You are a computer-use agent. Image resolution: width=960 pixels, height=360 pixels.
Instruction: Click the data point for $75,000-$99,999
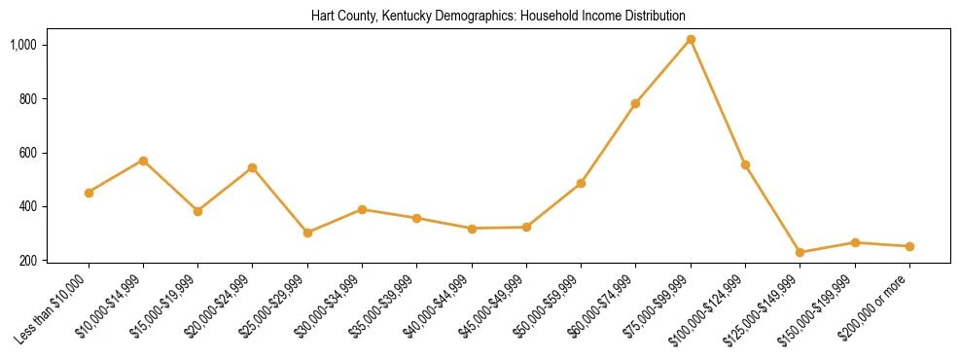click(691, 40)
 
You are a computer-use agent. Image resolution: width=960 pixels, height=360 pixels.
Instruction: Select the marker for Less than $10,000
click(89, 193)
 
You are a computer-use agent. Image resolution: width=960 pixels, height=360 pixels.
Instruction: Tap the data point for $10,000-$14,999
click(143, 161)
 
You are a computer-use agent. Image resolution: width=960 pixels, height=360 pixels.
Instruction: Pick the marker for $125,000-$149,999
click(800, 252)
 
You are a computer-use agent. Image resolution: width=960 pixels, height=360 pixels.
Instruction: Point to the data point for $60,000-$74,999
click(635, 103)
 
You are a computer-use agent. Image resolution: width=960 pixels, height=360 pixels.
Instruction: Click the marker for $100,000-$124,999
click(745, 164)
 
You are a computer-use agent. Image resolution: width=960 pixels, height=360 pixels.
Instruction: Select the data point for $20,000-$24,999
click(252, 167)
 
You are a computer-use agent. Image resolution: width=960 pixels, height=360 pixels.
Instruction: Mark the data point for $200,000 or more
click(909, 246)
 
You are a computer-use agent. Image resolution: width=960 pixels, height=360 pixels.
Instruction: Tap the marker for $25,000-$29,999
click(307, 233)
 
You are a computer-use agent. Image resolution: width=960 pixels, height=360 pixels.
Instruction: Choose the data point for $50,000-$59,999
click(581, 183)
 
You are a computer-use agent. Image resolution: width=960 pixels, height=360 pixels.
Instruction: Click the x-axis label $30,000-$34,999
click(330, 306)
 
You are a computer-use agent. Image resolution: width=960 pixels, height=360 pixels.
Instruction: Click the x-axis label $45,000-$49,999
click(494, 306)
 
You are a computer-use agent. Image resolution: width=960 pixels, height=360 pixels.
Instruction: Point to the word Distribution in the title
click(653, 16)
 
